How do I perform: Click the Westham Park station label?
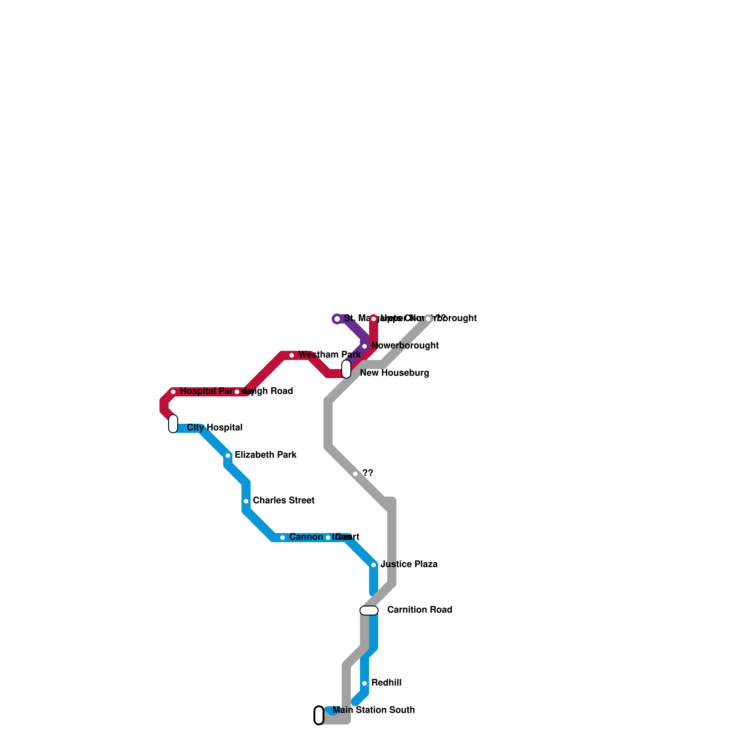tap(329, 355)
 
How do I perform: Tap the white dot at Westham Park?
tap(292, 355)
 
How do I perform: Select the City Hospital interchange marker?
tap(173, 424)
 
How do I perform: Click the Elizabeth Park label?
tap(266, 455)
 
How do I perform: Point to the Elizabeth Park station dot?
tap(228, 456)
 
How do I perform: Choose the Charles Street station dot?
tap(246, 501)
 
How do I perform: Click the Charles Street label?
tap(283, 501)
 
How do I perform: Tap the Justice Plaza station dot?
tap(374, 565)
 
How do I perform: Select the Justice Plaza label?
tap(409, 565)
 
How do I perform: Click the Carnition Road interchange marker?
tap(369, 611)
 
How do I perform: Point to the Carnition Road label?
tap(419, 610)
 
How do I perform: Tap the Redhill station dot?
tap(364, 683)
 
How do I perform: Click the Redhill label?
tap(386, 683)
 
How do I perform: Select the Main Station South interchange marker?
tap(319, 715)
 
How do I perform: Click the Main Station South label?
tap(374, 710)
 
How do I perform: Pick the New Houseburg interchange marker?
tap(346, 369)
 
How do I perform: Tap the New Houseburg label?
tap(394, 373)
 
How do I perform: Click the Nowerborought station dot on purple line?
tap(364, 346)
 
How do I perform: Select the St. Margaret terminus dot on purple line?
tap(337, 319)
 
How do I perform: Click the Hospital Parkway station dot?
tap(173, 392)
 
